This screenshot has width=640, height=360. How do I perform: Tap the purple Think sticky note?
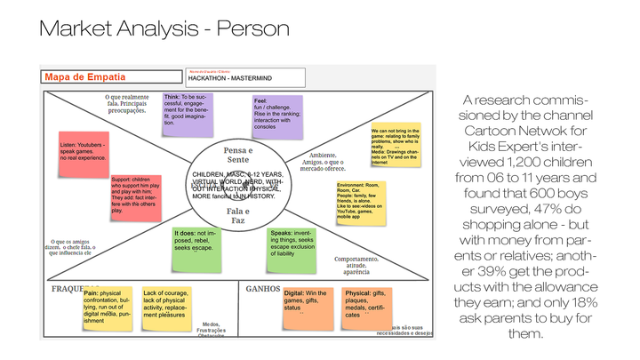tap(188, 112)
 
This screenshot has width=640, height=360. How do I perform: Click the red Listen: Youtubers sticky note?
tap(84, 150)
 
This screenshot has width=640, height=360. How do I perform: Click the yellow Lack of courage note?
tap(174, 305)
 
